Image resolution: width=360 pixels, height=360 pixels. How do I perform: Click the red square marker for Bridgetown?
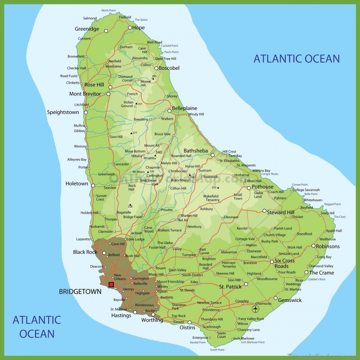tap(111, 284)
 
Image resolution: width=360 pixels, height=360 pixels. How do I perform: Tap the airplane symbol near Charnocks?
tap(255, 309)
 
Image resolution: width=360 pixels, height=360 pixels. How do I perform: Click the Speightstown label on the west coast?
tap(63, 112)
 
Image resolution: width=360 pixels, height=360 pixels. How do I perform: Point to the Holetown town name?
tap(76, 184)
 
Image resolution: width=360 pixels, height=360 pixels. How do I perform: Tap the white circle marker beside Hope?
tap(130, 27)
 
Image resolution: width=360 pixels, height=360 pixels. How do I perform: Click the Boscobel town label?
tap(169, 68)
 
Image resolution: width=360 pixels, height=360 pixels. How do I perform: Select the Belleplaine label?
tap(185, 108)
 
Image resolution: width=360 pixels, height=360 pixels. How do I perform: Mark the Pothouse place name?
tap(262, 187)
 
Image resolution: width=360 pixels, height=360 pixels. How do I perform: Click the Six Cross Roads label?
tap(285, 263)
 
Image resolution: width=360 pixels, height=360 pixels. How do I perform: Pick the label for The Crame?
tap(322, 273)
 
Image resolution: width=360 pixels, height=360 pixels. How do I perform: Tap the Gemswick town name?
tap(290, 300)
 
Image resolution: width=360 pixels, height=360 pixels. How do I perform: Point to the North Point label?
tap(108, 10)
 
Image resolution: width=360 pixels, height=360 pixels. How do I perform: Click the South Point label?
tap(217, 350)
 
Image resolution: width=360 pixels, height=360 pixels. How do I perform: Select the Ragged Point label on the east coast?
tap(332, 204)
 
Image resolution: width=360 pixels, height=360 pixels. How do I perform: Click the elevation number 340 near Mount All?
tap(158, 152)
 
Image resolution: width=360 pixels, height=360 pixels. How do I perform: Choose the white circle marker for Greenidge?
tap(106, 31)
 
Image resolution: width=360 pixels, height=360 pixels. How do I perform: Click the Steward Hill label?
tap(281, 212)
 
